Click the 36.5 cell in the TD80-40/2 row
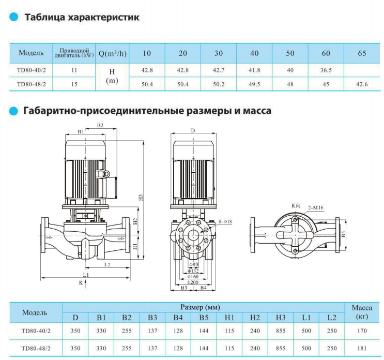click(x=326, y=69)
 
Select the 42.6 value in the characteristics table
click(x=362, y=83)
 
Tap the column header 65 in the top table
click(x=362, y=53)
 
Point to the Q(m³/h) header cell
click(x=112, y=53)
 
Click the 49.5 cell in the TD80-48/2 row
click(x=254, y=83)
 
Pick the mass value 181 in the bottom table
click(x=362, y=348)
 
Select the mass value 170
click(x=362, y=330)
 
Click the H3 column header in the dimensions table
click(x=281, y=317)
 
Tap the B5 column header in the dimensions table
click(x=204, y=317)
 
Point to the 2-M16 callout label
click(x=316, y=207)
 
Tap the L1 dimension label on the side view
click(x=86, y=274)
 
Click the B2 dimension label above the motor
click(x=100, y=126)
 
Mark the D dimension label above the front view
click(x=192, y=130)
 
